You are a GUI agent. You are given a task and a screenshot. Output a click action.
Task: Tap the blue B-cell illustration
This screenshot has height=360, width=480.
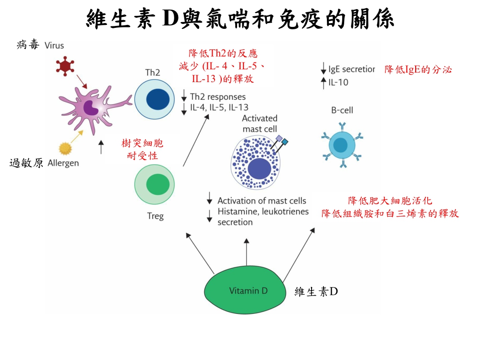(341, 144)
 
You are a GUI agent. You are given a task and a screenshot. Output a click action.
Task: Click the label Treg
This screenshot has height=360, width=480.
(155, 216)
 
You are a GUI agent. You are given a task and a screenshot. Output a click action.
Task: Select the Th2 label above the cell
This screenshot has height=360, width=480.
(153, 73)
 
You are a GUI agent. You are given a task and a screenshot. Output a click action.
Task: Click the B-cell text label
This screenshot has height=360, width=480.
(342, 110)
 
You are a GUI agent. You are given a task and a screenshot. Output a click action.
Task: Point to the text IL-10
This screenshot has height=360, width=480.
(339, 82)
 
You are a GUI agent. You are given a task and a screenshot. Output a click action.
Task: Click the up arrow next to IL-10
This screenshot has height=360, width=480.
(324, 82)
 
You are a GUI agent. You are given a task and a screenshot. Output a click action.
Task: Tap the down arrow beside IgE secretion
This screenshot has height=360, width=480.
(324, 70)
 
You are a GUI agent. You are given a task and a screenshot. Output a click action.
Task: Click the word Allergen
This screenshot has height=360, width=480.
(63, 163)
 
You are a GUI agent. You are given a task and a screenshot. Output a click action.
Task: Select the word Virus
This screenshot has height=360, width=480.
(54, 46)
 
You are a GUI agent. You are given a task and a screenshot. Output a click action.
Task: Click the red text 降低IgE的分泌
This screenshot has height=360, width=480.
(418, 70)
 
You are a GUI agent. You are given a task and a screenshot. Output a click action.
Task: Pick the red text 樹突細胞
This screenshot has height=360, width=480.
(143, 144)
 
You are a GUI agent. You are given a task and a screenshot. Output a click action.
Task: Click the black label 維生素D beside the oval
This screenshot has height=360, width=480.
(316, 291)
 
